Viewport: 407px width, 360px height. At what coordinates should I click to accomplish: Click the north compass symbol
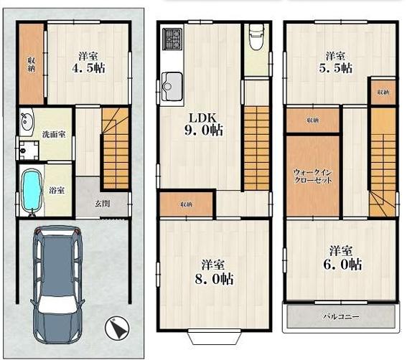[117, 328]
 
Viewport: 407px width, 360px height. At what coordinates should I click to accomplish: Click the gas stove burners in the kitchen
[172, 39]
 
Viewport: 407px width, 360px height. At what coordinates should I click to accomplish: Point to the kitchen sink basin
[172, 87]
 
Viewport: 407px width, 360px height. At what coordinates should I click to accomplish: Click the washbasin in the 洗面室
[27, 122]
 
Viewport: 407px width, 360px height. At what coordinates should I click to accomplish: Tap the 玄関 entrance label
[102, 204]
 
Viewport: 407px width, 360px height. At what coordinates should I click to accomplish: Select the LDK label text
[202, 118]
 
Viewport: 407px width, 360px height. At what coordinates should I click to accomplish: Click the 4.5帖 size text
[88, 68]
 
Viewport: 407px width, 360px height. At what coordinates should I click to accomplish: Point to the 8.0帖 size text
[214, 279]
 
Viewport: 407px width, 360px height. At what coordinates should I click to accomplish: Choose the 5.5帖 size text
[336, 68]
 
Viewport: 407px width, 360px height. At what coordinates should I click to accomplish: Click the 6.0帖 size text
[342, 265]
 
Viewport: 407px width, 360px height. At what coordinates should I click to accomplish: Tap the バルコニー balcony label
[341, 317]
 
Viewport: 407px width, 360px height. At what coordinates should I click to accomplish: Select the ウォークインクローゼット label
[313, 176]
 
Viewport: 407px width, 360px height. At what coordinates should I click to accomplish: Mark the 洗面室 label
[54, 134]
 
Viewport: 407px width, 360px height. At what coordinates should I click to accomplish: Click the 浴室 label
[57, 191]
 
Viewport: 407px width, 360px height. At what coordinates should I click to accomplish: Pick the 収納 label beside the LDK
[186, 204]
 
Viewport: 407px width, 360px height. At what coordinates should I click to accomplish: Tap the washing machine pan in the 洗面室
[29, 151]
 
